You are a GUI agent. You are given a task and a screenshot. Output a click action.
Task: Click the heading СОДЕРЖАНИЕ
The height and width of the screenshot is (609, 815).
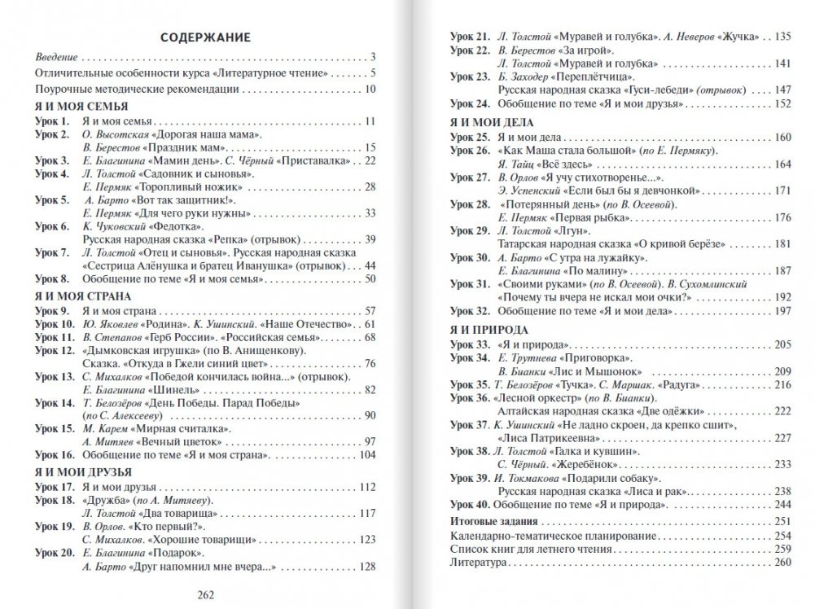pos(204,37)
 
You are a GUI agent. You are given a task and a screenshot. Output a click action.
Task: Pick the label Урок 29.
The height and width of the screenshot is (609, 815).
pos(469,231)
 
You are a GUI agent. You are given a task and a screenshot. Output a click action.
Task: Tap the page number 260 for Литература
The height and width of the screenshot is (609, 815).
pos(783,563)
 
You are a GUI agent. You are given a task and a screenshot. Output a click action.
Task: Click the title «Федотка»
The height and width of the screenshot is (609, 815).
pos(170,226)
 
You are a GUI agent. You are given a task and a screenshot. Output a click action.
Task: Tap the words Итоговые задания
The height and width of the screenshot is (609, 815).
pos(493,521)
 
